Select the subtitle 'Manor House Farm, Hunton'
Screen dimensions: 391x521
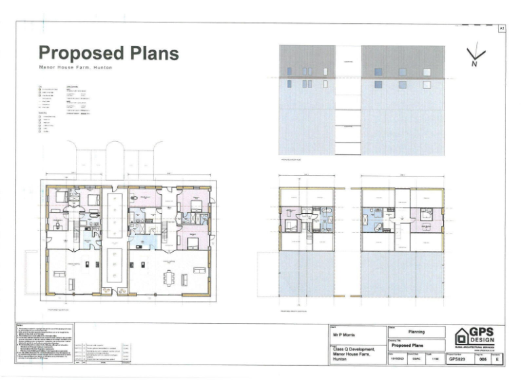tap(75, 69)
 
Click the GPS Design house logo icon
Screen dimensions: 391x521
tap(463, 336)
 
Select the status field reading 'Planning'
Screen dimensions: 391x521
tap(416, 332)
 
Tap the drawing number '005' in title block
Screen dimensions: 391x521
tap(482, 360)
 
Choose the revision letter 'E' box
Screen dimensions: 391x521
tap(498, 360)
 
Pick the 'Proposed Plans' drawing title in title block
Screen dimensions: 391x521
tap(412, 345)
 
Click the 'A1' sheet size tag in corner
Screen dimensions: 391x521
tap(502, 29)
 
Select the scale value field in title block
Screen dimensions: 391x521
tap(432, 360)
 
